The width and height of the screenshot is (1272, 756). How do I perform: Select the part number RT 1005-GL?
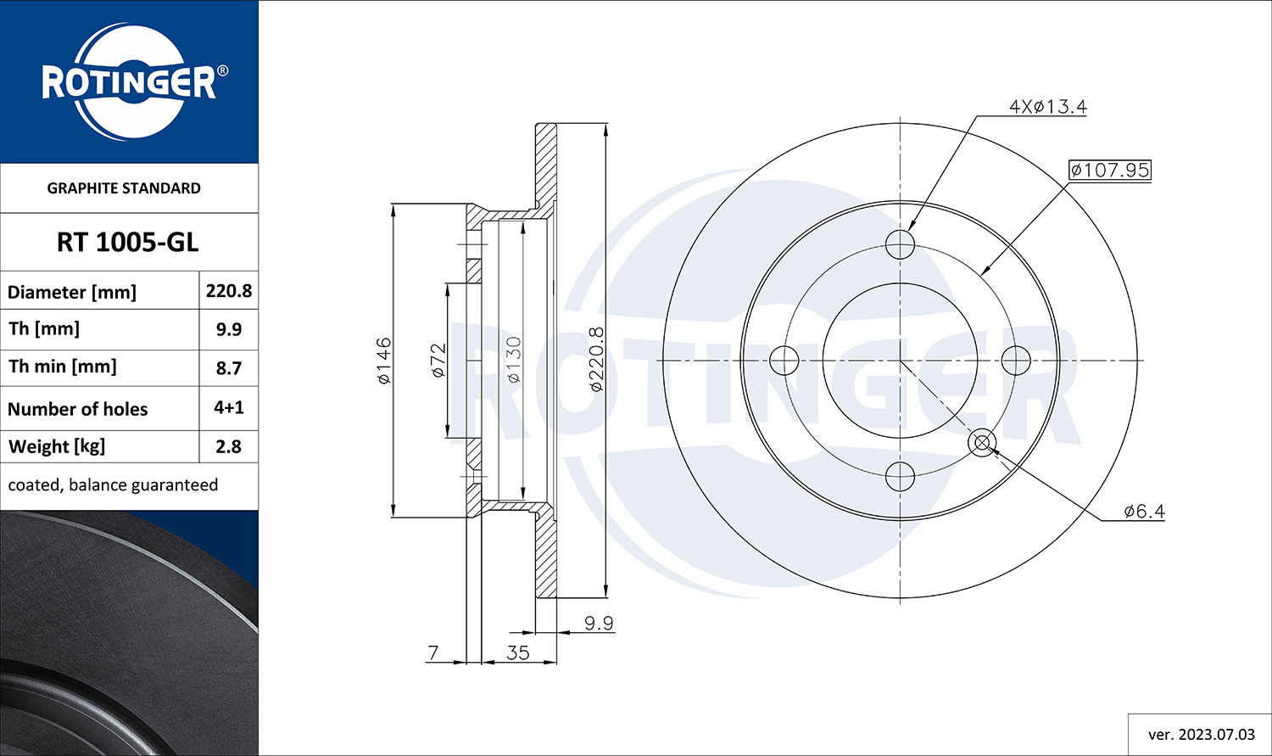(128, 243)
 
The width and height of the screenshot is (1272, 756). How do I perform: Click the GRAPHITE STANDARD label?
(124, 188)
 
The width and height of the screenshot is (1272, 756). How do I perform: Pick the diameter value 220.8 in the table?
(229, 291)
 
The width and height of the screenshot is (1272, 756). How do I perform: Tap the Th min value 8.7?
(229, 368)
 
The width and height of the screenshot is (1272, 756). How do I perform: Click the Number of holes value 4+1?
(229, 407)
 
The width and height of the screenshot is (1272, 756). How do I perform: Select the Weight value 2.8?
(229, 446)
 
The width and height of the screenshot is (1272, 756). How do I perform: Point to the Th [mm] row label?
(44, 329)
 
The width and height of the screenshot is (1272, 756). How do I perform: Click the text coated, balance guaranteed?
(113, 485)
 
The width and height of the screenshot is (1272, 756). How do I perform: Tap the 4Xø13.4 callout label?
(1047, 106)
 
